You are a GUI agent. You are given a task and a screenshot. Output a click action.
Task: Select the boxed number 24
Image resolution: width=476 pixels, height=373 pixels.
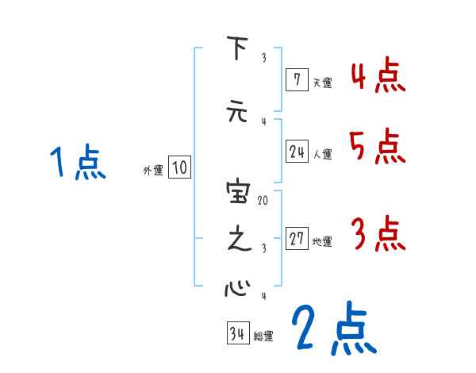click(297, 152)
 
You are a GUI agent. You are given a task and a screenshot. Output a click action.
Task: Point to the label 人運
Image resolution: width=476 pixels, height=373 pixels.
click(322, 153)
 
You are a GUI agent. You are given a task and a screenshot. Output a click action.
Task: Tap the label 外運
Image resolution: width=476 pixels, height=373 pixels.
click(153, 169)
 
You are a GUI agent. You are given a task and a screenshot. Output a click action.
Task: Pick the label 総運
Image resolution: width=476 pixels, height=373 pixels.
click(263, 336)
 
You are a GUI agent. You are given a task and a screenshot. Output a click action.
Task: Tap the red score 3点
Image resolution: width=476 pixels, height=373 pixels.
click(378, 233)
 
